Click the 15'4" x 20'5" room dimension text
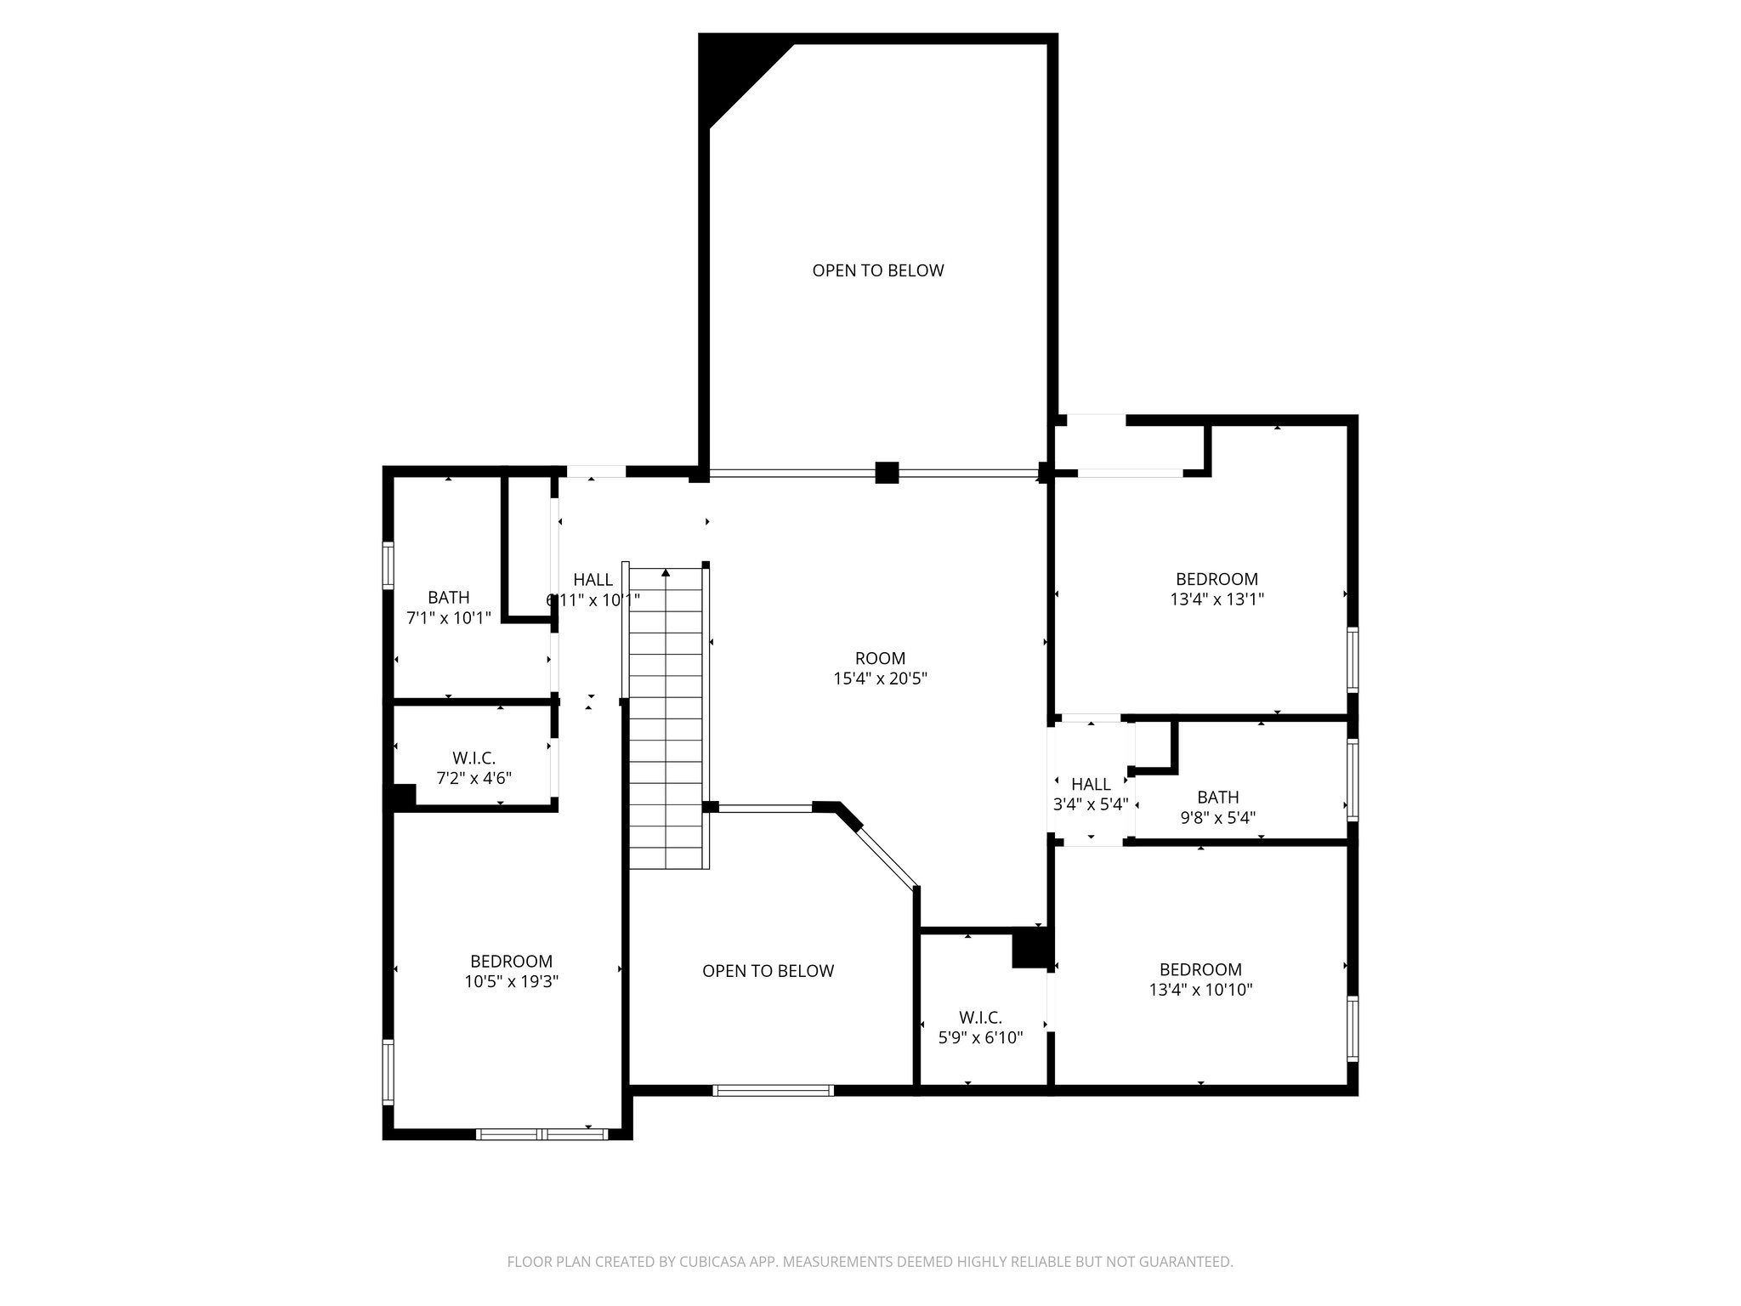880,679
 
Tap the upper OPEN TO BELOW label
878,270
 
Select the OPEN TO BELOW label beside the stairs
768,971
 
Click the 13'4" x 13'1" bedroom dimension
1216,599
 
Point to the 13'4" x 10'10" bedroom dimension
1200,990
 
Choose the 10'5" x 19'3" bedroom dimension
511,981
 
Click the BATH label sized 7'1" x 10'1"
448,598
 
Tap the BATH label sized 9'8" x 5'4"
1217,798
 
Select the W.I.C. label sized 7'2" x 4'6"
474,758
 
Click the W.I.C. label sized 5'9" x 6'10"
980,1018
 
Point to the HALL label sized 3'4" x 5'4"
1090,784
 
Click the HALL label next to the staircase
593,580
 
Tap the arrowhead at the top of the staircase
666,573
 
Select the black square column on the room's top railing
887,473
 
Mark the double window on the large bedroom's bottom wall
542,1133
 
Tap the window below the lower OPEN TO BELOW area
773,1090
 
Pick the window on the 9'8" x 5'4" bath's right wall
1352,779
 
